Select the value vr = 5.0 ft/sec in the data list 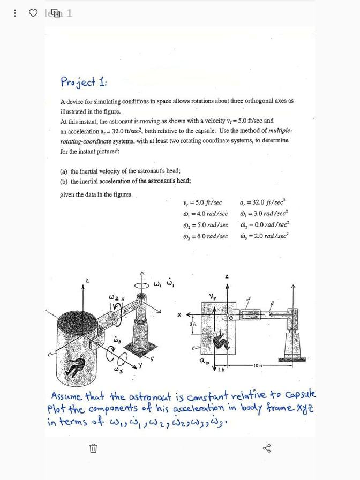pos(202,203)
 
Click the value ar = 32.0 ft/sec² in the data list pos(264,202)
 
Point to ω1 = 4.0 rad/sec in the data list pos(205,214)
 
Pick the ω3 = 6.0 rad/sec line pos(205,236)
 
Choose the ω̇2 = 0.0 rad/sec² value pos(264,225)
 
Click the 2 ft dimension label pos(221,369)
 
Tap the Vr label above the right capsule pos(213,296)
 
